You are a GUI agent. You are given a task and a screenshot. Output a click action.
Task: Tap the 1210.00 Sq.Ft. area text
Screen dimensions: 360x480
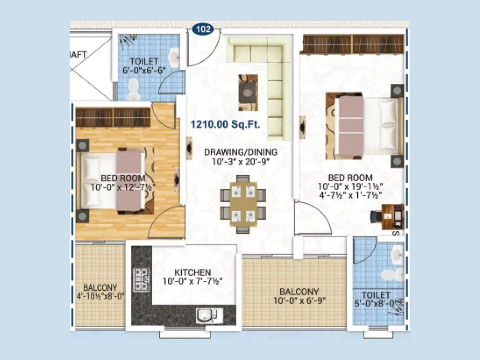(x=225, y=124)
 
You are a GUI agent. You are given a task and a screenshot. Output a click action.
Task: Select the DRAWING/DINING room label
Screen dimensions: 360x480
(x=241, y=152)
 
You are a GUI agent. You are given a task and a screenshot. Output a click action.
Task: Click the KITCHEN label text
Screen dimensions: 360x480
(x=193, y=272)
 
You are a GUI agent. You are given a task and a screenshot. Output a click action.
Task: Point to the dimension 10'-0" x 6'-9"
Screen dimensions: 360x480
(x=299, y=300)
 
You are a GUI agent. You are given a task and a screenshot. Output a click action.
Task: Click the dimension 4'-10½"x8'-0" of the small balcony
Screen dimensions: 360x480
(x=100, y=296)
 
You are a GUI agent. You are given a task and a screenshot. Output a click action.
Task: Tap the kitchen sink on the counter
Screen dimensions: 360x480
(x=206, y=315)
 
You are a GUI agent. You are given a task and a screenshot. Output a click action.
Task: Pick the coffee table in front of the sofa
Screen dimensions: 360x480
(x=248, y=93)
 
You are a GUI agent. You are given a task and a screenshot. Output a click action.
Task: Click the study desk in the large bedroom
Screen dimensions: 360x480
(x=392, y=217)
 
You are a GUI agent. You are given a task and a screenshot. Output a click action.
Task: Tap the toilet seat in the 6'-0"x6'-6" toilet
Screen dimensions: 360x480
(x=133, y=88)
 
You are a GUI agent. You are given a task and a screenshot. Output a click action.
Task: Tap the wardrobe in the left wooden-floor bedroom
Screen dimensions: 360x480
(x=113, y=117)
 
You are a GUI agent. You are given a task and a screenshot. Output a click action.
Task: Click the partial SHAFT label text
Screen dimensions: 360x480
(x=78, y=55)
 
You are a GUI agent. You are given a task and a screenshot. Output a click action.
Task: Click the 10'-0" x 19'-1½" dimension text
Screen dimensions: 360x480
(x=350, y=186)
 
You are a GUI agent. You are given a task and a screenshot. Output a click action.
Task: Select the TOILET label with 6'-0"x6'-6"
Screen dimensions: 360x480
(x=144, y=61)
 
